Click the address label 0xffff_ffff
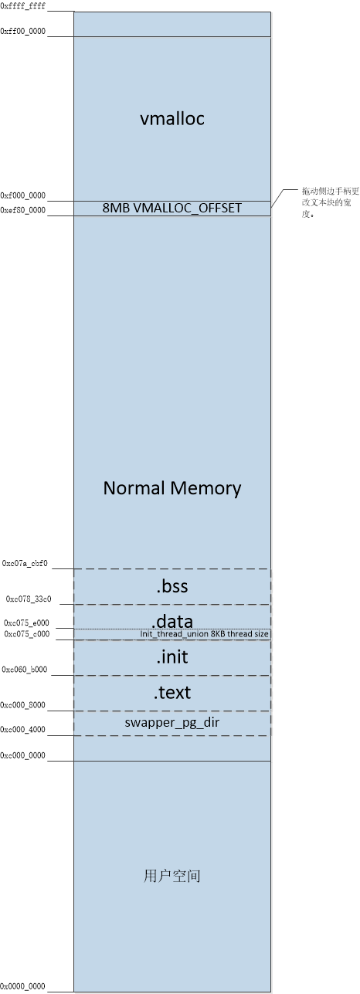[23, 5]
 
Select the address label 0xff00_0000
[23, 31]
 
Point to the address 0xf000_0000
[23, 196]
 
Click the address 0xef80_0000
[23, 209]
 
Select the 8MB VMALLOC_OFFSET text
[172, 208]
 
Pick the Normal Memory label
[172, 488]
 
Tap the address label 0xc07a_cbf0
[25, 564]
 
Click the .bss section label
[172, 587]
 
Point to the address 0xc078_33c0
[29, 599]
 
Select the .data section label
[172, 621]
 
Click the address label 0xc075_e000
[26, 623]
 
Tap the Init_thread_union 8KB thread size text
[205, 634]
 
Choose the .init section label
[172, 657]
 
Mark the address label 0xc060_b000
[25, 670]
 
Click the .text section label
[172, 692]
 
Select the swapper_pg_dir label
[172, 723]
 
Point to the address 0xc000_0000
[23, 755]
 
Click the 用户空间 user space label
[172, 876]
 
